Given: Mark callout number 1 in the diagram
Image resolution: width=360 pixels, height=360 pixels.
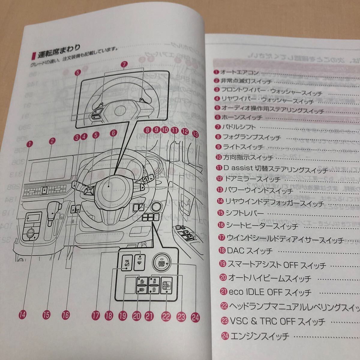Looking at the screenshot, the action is tap(29, 144).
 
